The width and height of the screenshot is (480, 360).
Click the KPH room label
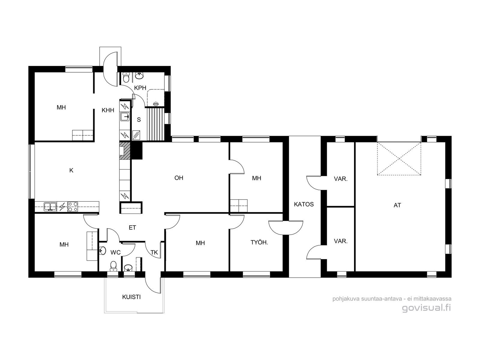140,88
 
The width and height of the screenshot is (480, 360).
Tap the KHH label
108,110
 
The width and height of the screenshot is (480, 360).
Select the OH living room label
179,178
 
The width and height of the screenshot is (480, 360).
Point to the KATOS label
304,204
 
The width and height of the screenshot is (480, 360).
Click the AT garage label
397,205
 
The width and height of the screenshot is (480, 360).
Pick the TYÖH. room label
259,242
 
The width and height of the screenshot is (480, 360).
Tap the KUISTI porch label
131,297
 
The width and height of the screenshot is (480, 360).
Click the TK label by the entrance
154,253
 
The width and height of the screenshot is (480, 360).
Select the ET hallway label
132,227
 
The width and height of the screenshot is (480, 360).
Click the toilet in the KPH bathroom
126,77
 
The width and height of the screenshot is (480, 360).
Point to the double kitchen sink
50,207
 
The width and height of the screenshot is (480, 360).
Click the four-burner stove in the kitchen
73,207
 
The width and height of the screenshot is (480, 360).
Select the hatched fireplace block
125,151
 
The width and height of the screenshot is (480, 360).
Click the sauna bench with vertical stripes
155,124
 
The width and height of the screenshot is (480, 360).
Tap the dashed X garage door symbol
399,158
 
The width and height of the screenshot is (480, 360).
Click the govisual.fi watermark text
427,308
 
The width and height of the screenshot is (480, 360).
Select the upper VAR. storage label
341,179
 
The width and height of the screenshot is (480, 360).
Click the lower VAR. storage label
341,241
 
